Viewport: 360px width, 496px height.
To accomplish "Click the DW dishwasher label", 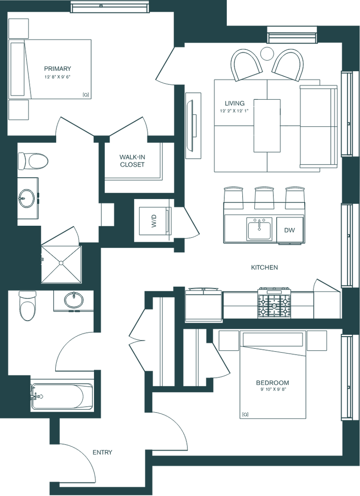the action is point(289,230).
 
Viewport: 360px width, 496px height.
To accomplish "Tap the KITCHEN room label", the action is point(265,267).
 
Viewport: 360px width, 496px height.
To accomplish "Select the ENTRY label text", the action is point(103,453).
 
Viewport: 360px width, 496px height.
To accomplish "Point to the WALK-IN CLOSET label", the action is point(132,160).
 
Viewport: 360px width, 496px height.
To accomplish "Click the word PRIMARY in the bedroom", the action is point(58,68).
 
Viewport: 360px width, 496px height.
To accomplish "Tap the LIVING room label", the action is point(235,103).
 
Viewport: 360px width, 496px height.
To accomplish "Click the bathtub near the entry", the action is point(62,396).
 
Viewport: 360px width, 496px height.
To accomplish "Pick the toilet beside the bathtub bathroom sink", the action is point(27,306).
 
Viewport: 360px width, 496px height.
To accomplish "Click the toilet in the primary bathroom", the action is point(33,160).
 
